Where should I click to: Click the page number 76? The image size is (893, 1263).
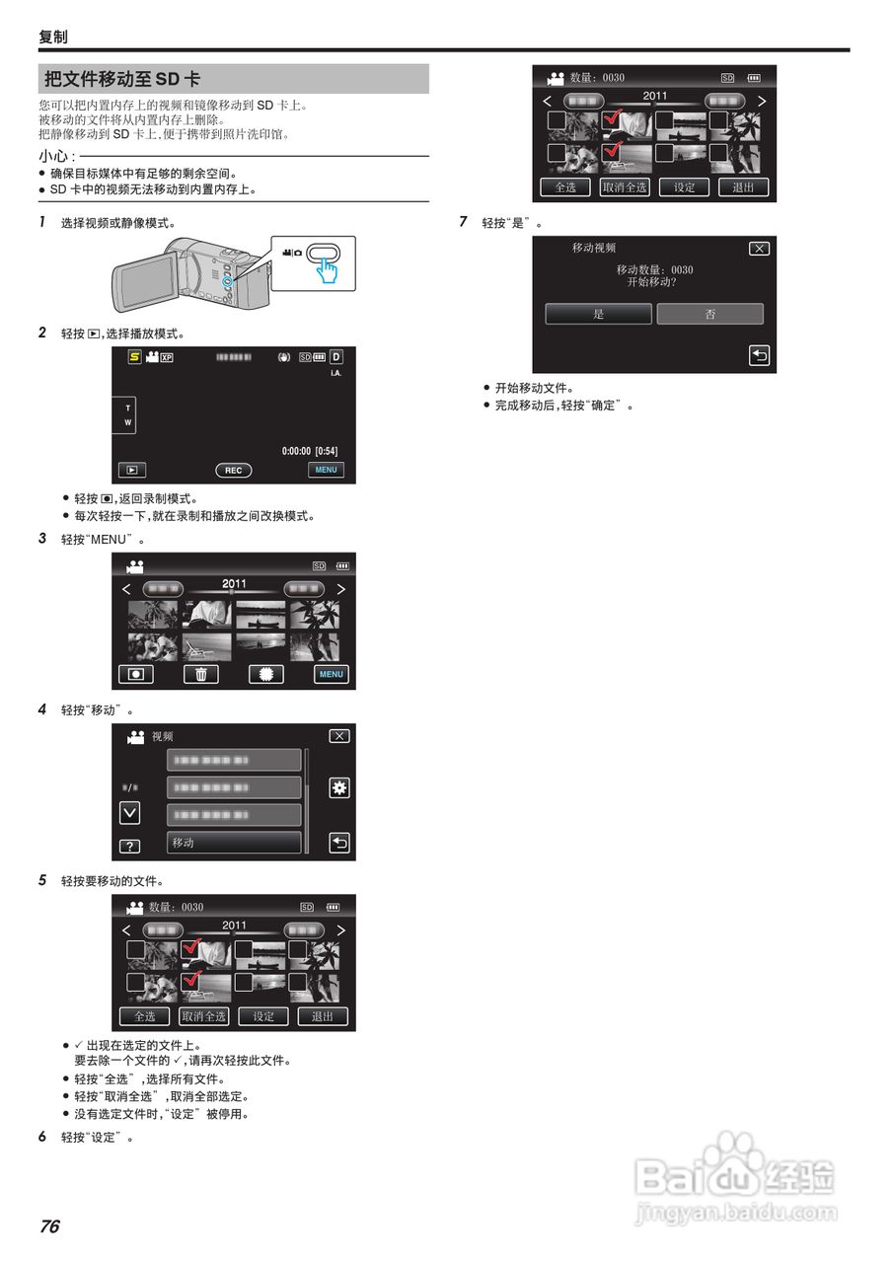click(x=49, y=1226)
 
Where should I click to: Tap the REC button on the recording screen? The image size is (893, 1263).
click(x=233, y=471)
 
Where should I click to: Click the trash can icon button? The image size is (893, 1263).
click(x=200, y=675)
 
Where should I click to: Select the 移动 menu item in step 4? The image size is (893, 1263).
click(x=234, y=843)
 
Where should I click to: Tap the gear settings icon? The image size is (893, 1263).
click(x=339, y=787)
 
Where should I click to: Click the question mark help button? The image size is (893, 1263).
click(x=129, y=847)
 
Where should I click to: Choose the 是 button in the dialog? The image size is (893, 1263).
click(x=598, y=314)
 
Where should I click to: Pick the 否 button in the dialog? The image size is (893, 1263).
click(x=709, y=314)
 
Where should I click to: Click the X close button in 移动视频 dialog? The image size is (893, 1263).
click(x=758, y=249)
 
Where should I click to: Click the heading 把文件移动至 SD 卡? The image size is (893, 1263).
click(x=122, y=80)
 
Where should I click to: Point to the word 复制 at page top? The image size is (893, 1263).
click(x=53, y=37)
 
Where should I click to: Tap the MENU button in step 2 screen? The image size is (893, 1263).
click(x=326, y=471)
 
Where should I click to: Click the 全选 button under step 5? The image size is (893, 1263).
click(x=144, y=1016)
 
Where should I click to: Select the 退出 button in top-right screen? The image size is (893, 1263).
click(x=743, y=187)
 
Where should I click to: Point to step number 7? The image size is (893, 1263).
click(x=464, y=222)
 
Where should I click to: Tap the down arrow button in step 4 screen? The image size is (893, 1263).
click(x=129, y=813)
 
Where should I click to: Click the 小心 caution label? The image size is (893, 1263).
click(x=55, y=156)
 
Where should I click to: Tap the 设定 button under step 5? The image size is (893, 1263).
click(x=263, y=1016)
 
